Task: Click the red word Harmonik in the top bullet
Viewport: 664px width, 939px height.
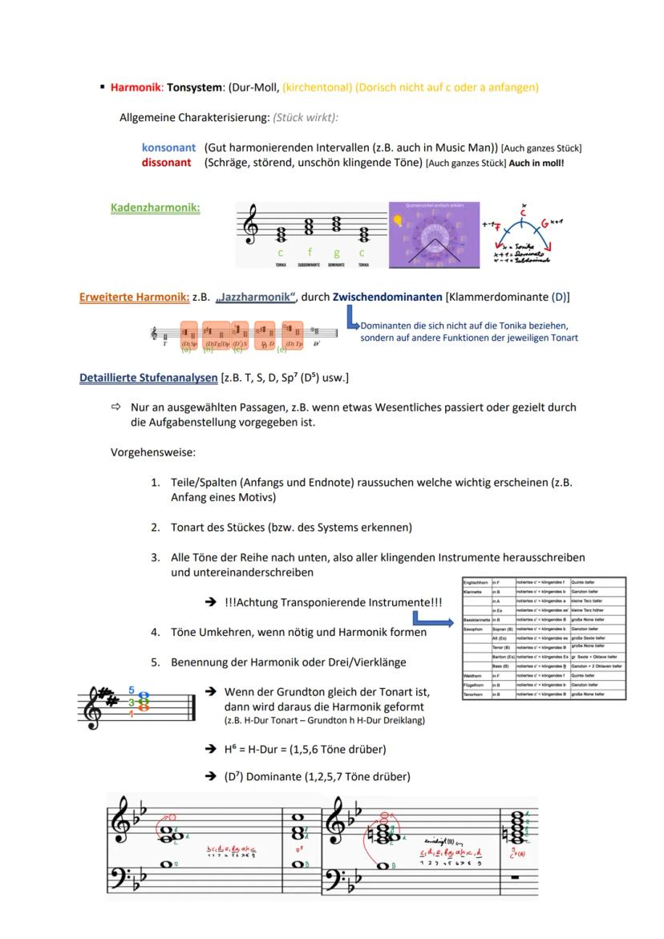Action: coord(136,87)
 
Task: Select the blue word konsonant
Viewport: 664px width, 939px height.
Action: coord(168,148)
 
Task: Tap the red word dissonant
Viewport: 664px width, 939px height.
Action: coord(166,163)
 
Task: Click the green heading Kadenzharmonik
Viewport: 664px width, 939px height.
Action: coord(155,208)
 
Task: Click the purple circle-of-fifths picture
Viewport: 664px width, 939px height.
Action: coord(434,235)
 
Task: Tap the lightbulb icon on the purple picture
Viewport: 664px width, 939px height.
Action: coord(398,221)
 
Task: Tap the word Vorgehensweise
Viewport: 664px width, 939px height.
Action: coord(152,453)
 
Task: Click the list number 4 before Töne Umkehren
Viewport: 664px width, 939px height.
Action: coord(155,632)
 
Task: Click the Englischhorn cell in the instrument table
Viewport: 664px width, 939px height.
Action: coord(475,582)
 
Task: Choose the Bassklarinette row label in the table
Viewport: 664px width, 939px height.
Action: coord(476,620)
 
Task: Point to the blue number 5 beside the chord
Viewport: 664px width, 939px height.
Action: coord(132,690)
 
